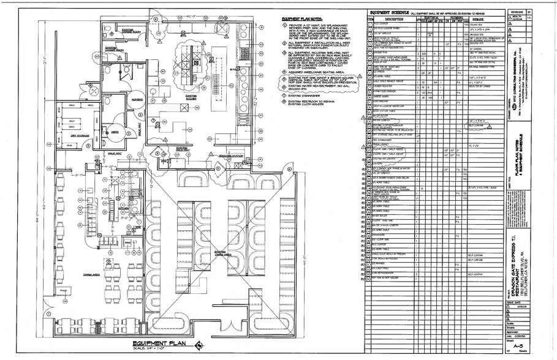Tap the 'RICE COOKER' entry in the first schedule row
[384, 25]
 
